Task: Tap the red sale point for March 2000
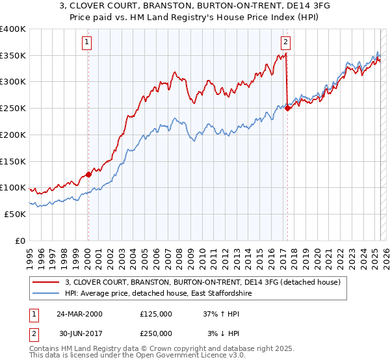[89, 174]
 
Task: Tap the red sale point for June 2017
[287, 109]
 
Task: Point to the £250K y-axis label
[13, 109]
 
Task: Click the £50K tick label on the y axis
[15, 214]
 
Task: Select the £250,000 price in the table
[156, 335]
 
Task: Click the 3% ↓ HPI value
[224, 335]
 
